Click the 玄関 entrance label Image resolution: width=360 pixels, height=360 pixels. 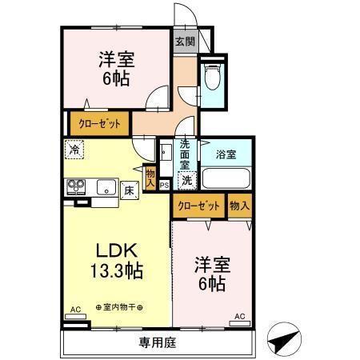tap(185, 42)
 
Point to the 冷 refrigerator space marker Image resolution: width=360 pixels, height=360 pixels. tap(74, 149)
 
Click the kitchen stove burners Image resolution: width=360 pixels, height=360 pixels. tap(76, 187)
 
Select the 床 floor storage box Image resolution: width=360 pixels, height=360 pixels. tap(128, 190)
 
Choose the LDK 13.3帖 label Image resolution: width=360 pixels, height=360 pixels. tap(116, 258)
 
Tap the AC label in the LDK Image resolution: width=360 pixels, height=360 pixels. tap(75, 309)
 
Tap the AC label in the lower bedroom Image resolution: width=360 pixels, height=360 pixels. tap(239, 316)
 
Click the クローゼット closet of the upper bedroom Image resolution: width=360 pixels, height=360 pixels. tap(99, 124)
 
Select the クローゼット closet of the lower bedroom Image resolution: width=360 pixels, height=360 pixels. tap(198, 206)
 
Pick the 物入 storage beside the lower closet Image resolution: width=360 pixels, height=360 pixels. tap(239, 206)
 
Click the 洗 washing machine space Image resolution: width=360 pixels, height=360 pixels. tap(185, 180)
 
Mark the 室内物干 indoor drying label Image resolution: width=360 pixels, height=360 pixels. tap(119, 306)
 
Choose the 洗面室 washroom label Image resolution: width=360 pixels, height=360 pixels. tap(184, 154)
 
